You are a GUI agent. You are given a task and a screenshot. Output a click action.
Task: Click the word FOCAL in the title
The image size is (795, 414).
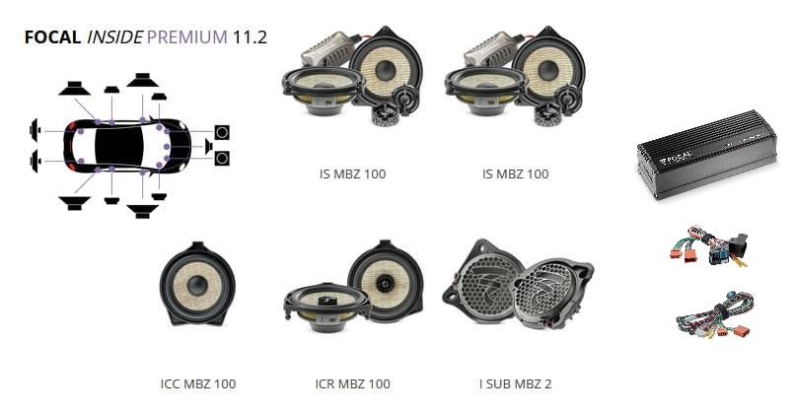pyautogui.click(x=52, y=37)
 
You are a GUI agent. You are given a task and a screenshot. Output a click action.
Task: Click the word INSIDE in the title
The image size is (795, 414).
pyautogui.click(x=114, y=37)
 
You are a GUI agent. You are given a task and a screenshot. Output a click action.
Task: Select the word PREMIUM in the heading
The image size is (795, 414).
pyautogui.click(x=187, y=37)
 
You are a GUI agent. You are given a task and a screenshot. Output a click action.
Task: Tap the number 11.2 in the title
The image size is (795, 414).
pyautogui.click(x=250, y=37)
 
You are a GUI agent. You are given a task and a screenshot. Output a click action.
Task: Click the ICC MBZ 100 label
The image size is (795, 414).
pyautogui.click(x=198, y=384)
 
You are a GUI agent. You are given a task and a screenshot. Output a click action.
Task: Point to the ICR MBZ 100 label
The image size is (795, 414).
pyautogui.click(x=353, y=384)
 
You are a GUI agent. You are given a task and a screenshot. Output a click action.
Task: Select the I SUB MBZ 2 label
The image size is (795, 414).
pyautogui.click(x=515, y=384)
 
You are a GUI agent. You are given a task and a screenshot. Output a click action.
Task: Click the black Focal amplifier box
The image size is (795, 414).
pyautogui.click(x=707, y=155)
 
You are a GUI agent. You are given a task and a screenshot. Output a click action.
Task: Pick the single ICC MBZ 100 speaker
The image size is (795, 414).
pyautogui.click(x=197, y=284)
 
